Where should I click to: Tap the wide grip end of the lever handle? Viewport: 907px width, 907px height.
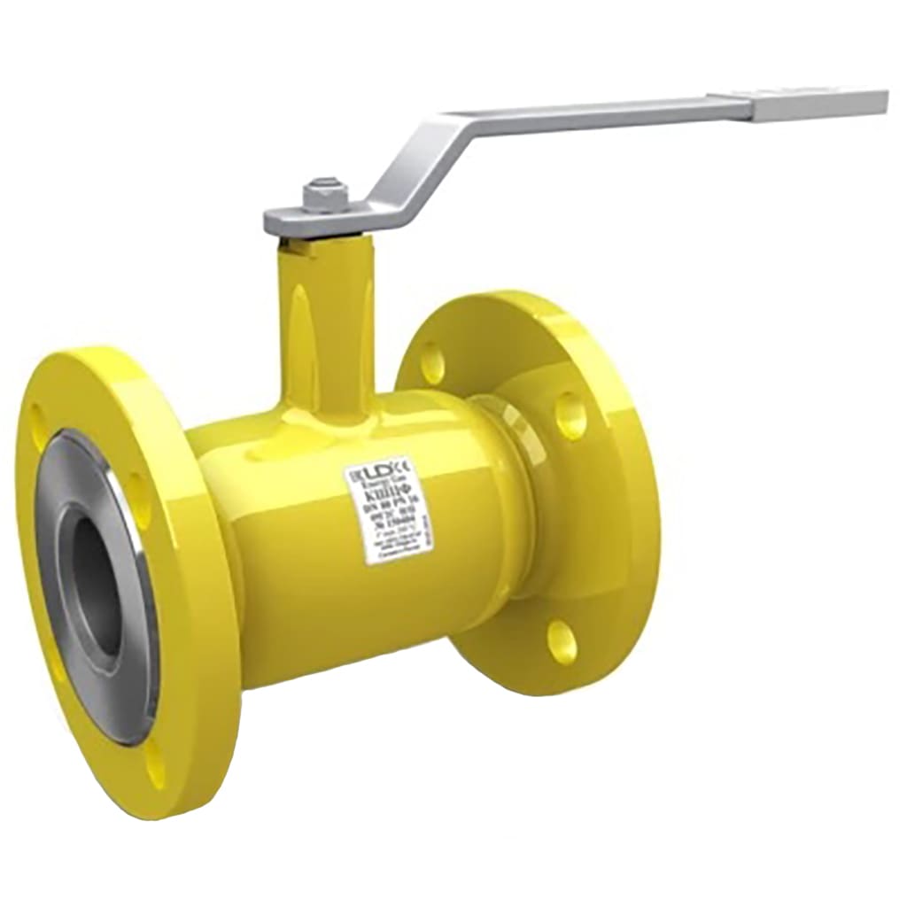click(x=819, y=104)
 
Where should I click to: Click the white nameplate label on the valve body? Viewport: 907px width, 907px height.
click(x=388, y=509)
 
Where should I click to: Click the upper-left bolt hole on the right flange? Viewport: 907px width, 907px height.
click(x=432, y=362)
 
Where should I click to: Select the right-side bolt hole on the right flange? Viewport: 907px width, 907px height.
click(x=571, y=415)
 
